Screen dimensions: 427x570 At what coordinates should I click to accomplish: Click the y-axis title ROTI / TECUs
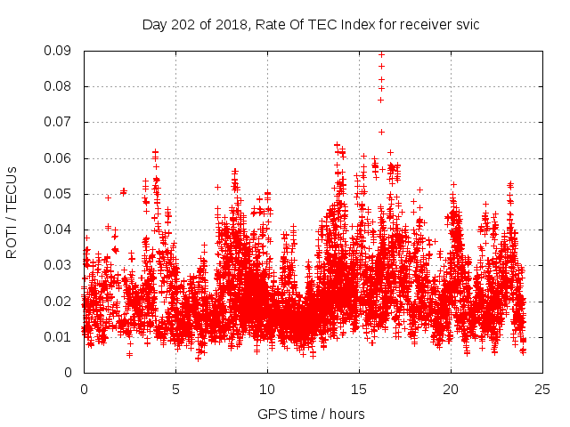12,212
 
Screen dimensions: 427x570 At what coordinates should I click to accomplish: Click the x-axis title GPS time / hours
311,414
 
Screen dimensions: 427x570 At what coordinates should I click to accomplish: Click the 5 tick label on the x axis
175,389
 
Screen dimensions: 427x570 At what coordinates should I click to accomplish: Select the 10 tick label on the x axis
267,389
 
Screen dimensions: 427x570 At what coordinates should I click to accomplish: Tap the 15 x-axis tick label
359,389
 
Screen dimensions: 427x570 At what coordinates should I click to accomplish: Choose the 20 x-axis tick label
451,389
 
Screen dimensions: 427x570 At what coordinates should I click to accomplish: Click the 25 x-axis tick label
542,389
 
